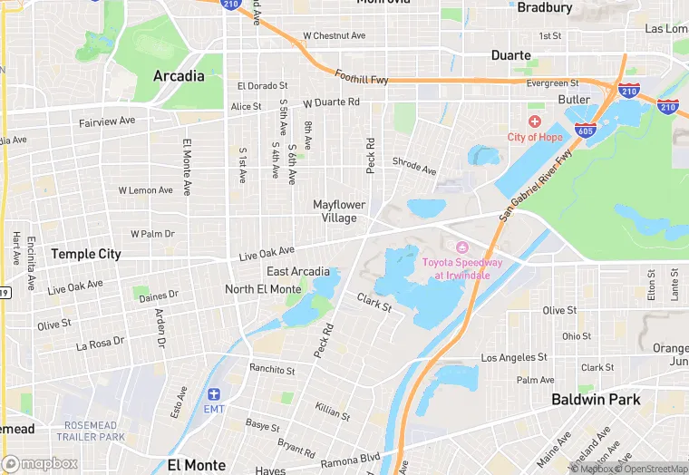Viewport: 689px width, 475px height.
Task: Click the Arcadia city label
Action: click(179, 76)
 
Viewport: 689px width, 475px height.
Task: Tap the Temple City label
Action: click(85, 254)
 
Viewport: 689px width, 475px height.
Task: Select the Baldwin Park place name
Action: click(597, 399)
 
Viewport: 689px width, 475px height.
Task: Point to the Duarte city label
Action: click(510, 55)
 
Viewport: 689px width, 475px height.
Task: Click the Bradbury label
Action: click(544, 8)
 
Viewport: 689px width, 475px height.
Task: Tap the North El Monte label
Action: click(263, 289)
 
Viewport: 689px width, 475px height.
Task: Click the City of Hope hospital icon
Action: click(535, 121)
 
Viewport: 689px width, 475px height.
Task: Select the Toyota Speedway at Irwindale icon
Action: click(461, 247)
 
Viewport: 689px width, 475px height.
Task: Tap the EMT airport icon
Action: click(214, 394)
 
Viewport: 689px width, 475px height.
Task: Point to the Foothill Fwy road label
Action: click(362, 80)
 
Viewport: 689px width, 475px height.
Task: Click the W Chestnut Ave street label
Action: click(334, 36)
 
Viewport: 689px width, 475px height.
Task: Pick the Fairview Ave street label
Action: click(107, 121)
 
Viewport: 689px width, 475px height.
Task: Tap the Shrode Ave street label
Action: click(414, 166)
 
